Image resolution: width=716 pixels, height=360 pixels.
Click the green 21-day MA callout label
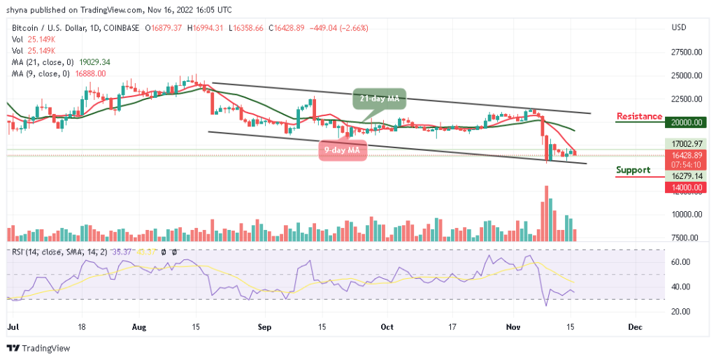click(x=375, y=99)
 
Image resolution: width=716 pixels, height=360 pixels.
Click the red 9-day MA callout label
click(x=343, y=150)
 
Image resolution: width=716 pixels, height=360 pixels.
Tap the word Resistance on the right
click(x=638, y=116)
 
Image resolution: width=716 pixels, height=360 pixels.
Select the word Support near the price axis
click(x=633, y=170)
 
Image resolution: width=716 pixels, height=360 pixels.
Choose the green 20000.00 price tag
click(x=685, y=122)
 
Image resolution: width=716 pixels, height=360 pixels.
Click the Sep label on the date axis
click(x=264, y=326)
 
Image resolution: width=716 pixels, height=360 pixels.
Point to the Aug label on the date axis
click(x=137, y=326)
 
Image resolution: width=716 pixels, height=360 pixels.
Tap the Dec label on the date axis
click(x=635, y=326)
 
